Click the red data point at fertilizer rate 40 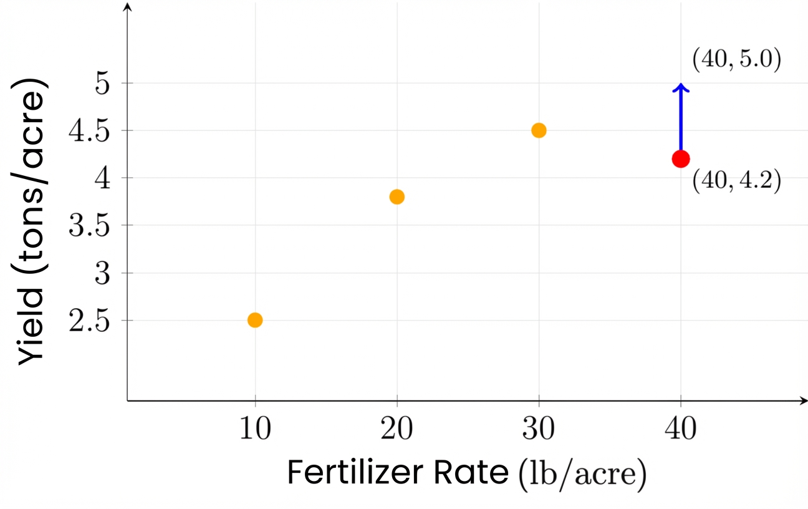tap(681, 158)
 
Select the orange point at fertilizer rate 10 tap(255, 320)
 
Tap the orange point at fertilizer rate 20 tap(397, 197)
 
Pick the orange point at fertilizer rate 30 tap(539, 130)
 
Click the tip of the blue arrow tap(681, 85)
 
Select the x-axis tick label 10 tap(255, 430)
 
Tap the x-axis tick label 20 tap(397, 430)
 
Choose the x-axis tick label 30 tap(539, 430)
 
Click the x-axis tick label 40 tap(681, 430)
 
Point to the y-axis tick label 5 tap(103, 84)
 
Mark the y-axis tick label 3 tap(103, 273)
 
